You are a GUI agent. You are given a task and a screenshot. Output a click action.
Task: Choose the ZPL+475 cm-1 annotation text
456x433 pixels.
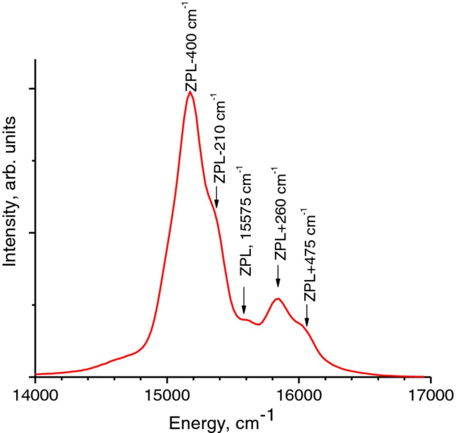pyautogui.click(x=310, y=255)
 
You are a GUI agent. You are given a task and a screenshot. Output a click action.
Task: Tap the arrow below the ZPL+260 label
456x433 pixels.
pyautogui.click(x=278, y=276)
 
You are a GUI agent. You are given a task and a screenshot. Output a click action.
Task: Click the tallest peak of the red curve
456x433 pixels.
pyautogui.click(x=190, y=92)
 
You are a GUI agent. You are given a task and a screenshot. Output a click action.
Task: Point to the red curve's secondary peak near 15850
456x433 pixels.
pyautogui.click(x=278, y=298)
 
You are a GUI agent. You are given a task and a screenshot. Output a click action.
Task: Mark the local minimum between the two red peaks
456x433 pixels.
pyautogui.click(x=259, y=324)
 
